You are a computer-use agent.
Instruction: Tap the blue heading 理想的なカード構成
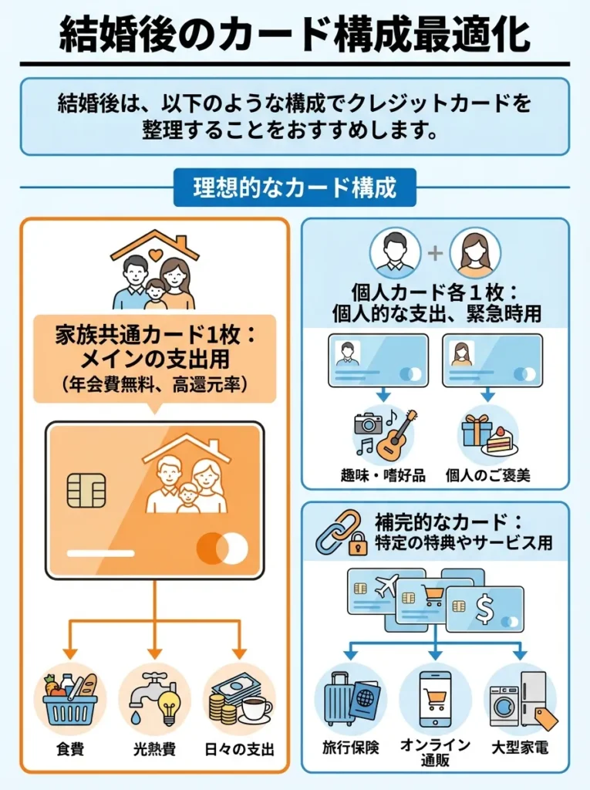tap(295, 187)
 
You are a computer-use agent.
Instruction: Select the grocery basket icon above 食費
tap(70, 699)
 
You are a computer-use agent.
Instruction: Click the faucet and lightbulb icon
tap(155, 699)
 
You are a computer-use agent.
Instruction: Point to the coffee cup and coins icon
tap(239, 699)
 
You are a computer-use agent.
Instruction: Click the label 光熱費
tap(154, 748)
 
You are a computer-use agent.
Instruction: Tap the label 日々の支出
tap(239, 748)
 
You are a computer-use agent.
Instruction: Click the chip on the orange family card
tap(86, 491)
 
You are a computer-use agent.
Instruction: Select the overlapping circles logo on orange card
tap(222, 549)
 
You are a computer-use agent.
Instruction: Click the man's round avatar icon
tap(395, 253)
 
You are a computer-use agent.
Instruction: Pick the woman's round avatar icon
tap(475, 253)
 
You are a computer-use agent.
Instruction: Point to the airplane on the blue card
tap(385, 586)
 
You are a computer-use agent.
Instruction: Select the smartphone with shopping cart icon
tap(435, 699)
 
